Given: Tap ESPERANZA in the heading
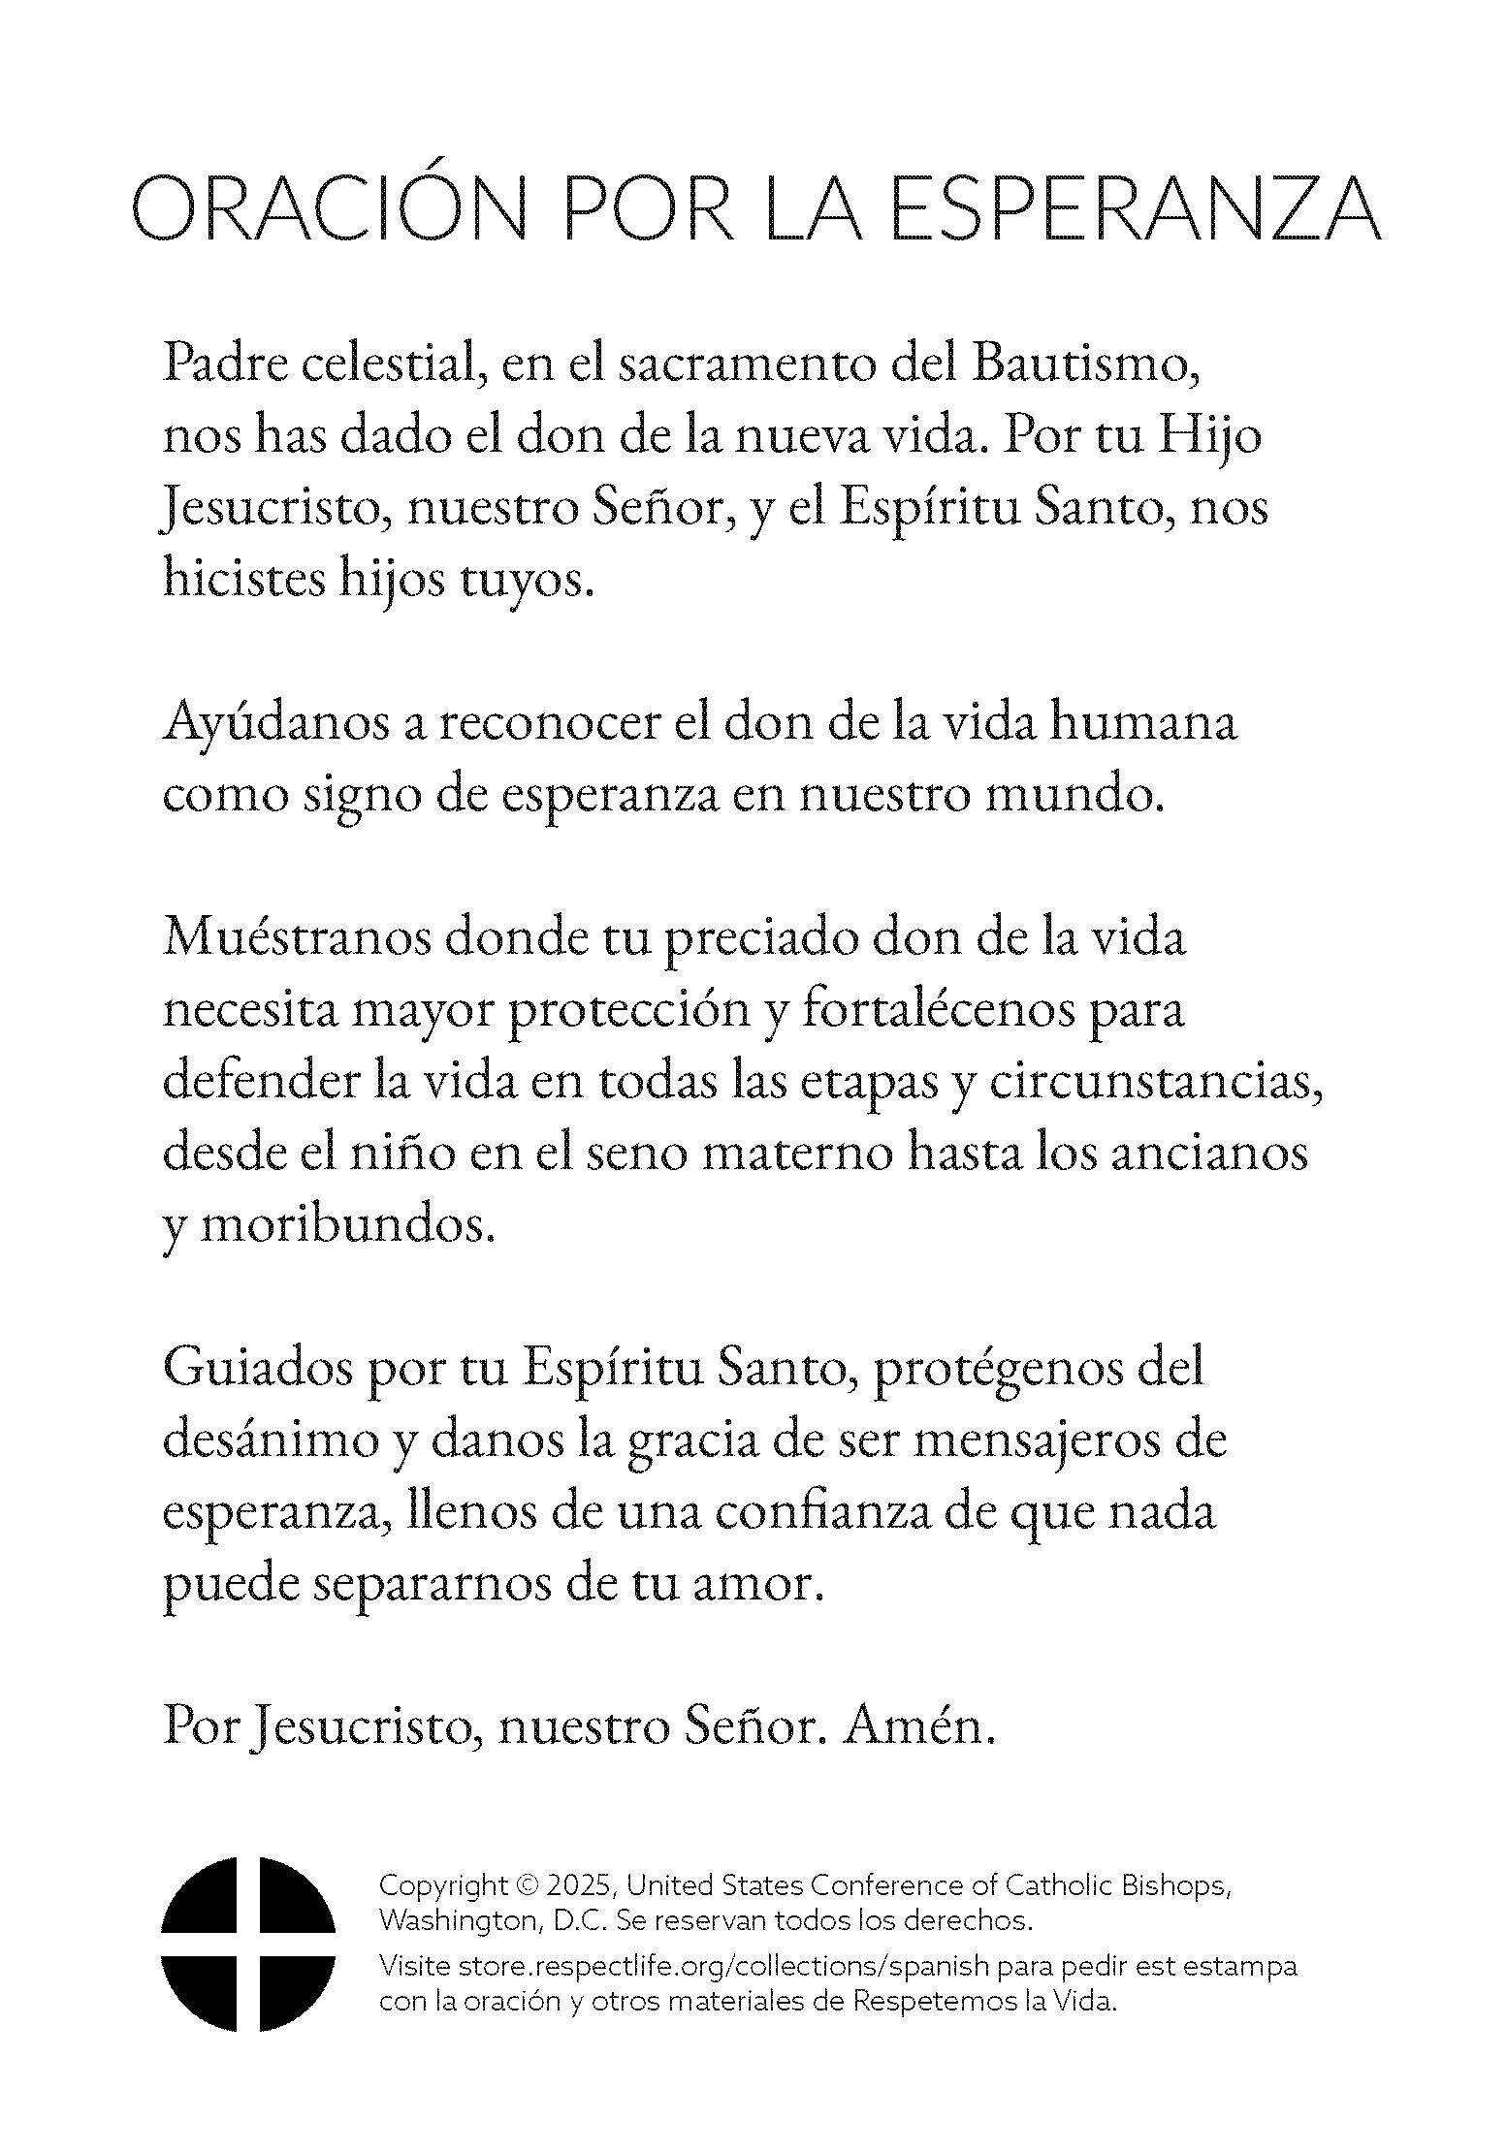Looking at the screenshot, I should coord(1134,208).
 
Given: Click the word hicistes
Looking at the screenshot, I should coord(242,579).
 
